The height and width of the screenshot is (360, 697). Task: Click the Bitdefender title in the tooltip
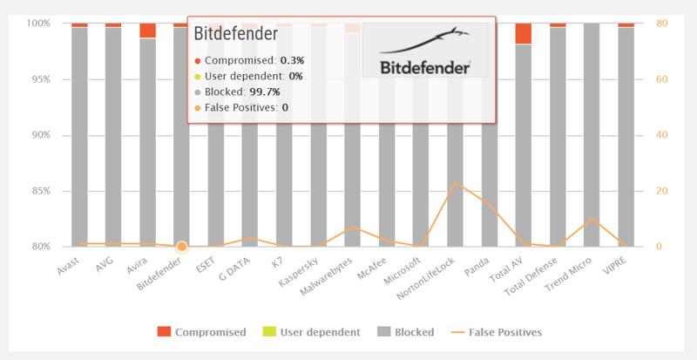click(x=235, y=34)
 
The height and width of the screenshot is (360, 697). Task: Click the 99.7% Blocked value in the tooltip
click(x=264, y=92)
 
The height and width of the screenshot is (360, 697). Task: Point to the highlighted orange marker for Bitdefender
click(x=182, y=247)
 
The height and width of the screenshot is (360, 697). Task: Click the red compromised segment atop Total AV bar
click(x=523, y=34)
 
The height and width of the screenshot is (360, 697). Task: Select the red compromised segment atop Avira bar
click(x=148, y=31)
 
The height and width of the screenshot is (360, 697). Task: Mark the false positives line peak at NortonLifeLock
click(x=455, y=183)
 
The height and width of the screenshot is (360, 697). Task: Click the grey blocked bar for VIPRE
click(x=626, y=139)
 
